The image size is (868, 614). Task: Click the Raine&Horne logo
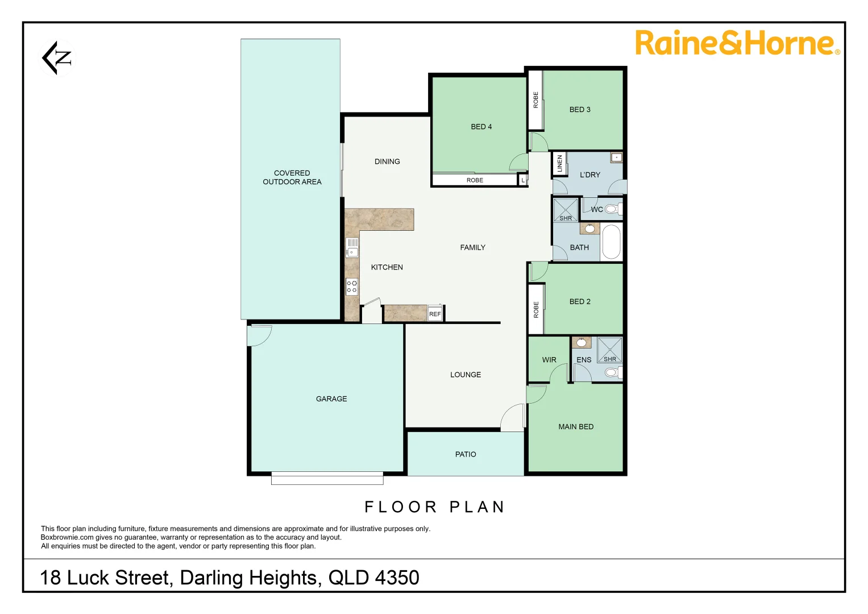tap(737, 43)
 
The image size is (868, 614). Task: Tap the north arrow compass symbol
tap(57, 57)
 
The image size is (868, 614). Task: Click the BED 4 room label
tap(481, 127)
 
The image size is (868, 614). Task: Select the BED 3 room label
tap(580, 110)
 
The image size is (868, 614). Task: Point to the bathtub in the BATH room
tap(611, 242)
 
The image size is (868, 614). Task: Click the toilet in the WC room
tap(612, 209)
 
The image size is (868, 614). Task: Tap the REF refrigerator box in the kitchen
tap(435, 314)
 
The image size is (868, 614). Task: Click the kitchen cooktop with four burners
tap(352, 287)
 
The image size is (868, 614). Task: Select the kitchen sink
tap(352, 248)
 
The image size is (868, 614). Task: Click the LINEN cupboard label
tap(559, 164)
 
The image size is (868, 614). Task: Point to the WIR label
tap(549, 360)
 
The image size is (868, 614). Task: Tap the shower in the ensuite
tap(609, 350)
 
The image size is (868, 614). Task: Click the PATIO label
tap(466, 454)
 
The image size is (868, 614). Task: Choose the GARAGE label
tap(331, 399)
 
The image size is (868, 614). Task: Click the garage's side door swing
tap(259, 335)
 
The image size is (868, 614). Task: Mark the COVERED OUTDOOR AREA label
tap(292, 177)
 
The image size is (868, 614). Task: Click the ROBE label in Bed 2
tap(536, 309)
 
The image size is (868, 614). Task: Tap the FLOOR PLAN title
tap(435, 507)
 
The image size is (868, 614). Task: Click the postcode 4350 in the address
tap(397, 578)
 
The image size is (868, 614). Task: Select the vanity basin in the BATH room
tap(589, 229)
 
